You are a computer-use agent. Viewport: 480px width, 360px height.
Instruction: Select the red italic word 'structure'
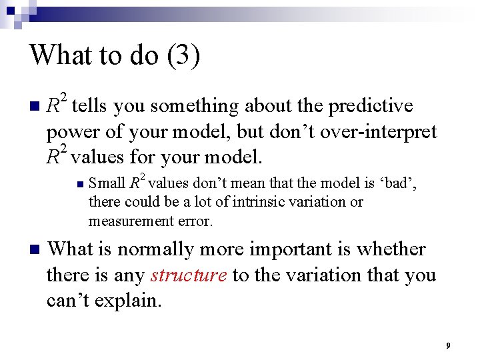coord(189,275)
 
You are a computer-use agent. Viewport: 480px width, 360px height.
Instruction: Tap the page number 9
coord(448,345)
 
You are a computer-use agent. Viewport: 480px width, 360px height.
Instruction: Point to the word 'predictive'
coord(372,106)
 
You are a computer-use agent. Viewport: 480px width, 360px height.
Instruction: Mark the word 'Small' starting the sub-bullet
coord(107,181)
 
